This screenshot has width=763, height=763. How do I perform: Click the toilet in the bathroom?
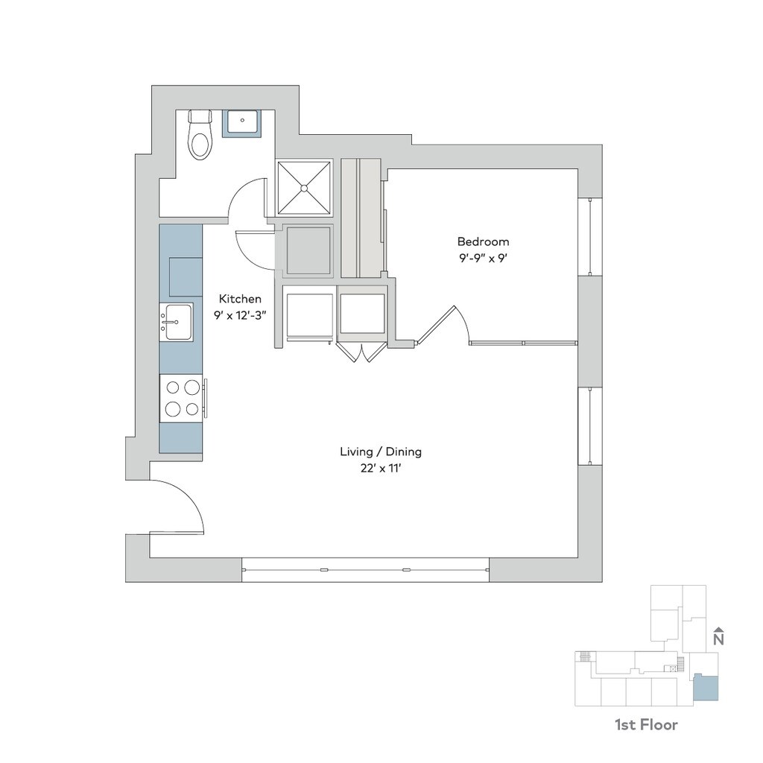tap(199, 137)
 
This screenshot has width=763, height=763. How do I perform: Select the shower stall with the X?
tap(304, 188)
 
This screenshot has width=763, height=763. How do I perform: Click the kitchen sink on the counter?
tap(178, 322)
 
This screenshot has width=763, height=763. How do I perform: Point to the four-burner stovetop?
tap(183, 398)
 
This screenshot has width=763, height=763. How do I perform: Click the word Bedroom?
tap(483, 241)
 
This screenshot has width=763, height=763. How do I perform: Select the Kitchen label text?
tap(240, 298)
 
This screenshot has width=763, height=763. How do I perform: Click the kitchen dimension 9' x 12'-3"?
tap(240, 314)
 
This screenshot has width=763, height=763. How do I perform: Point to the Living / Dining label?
tap(381, 452)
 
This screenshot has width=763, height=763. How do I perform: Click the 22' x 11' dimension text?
tap(381, 469)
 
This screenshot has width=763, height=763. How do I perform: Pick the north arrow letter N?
tap(718, 639)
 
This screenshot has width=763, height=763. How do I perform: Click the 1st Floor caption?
tap(646, 724)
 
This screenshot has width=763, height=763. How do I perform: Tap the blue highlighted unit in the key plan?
tap(706, 688)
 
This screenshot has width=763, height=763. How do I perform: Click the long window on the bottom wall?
tap(365, 570)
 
